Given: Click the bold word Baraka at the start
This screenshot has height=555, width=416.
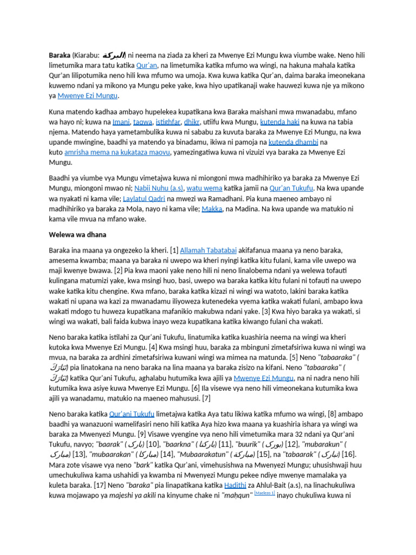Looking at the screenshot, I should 60,55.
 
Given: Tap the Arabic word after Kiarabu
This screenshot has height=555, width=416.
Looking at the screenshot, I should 114,55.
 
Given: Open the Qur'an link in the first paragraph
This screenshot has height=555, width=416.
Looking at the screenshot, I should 147,65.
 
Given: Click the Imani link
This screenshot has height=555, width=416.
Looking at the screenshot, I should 121,122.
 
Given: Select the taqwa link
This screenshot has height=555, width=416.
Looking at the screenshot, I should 144,122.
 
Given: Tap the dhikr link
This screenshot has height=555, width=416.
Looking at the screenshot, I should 192,122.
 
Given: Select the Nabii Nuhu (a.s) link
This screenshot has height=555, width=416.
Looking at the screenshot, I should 161,188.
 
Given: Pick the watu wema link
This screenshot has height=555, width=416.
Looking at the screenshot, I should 204,188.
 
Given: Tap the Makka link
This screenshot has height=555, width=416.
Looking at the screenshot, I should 212,209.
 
